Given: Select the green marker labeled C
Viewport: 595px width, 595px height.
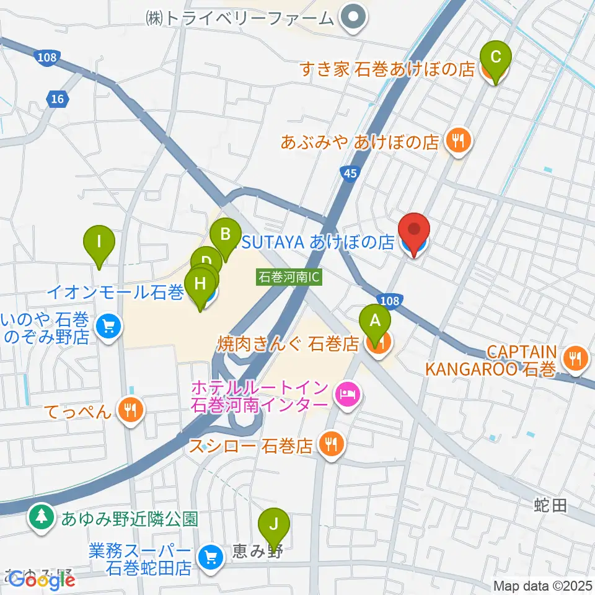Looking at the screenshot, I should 495,58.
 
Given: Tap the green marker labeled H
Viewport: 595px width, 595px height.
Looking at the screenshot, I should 200,284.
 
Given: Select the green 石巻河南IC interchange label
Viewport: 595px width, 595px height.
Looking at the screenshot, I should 289,277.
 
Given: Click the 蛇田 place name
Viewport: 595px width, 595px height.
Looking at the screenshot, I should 550,506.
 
